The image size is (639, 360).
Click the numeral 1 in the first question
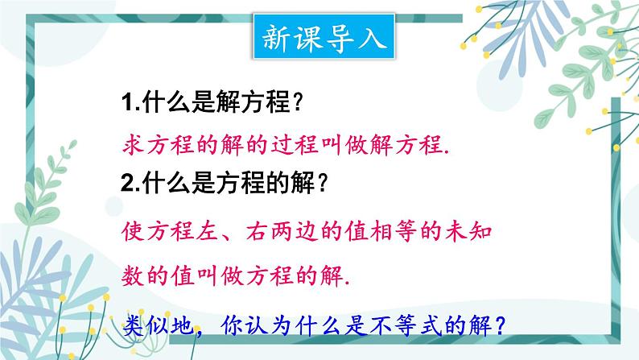pos(127,103)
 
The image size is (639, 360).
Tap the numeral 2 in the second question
pos(127,184)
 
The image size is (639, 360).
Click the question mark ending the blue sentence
pos(500,325)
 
